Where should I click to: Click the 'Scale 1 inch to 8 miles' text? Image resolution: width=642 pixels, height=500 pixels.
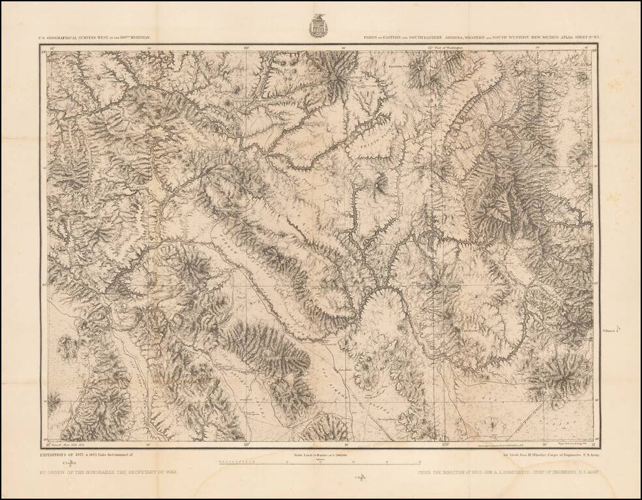tap(319, 454)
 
